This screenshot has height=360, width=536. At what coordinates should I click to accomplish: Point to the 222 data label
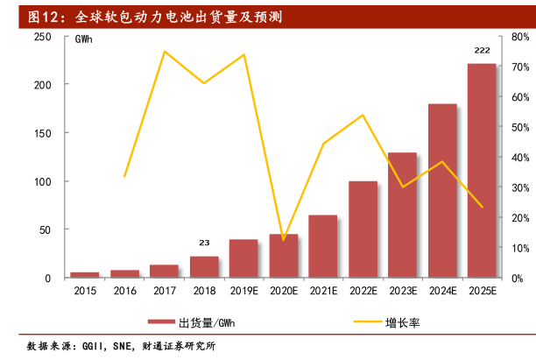482,51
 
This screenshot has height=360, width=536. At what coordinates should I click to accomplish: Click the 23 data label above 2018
204,244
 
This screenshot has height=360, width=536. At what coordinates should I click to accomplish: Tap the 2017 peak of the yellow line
164,52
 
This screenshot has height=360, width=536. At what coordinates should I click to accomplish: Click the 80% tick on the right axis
518,37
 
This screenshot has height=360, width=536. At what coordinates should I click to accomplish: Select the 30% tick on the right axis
518,187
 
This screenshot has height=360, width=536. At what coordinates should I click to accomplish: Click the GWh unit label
85,40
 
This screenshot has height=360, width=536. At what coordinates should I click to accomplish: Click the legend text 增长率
403,322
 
